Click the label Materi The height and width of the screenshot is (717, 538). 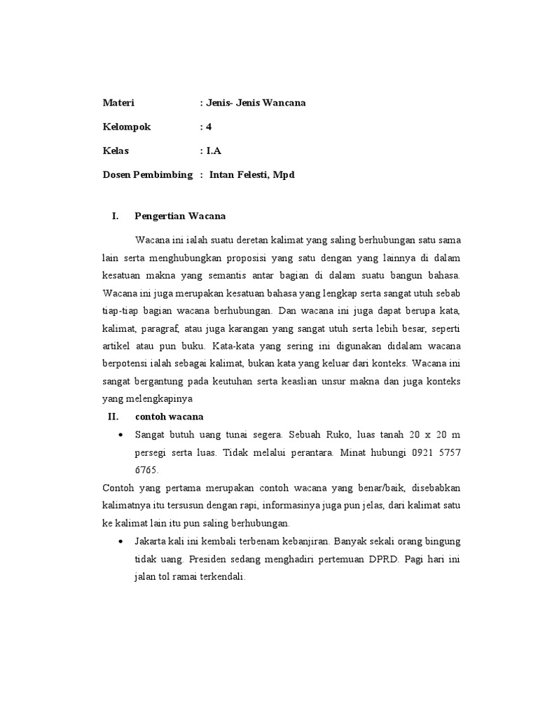(118, 103)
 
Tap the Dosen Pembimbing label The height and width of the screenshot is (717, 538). (147, 174)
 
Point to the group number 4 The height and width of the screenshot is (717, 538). (208, 127)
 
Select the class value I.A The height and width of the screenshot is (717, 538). (214, 151)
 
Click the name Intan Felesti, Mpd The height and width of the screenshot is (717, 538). (251, 174)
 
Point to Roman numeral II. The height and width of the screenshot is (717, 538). (113, 417)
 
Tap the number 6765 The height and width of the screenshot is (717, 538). (148, 470)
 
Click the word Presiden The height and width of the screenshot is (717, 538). (214, 559)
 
